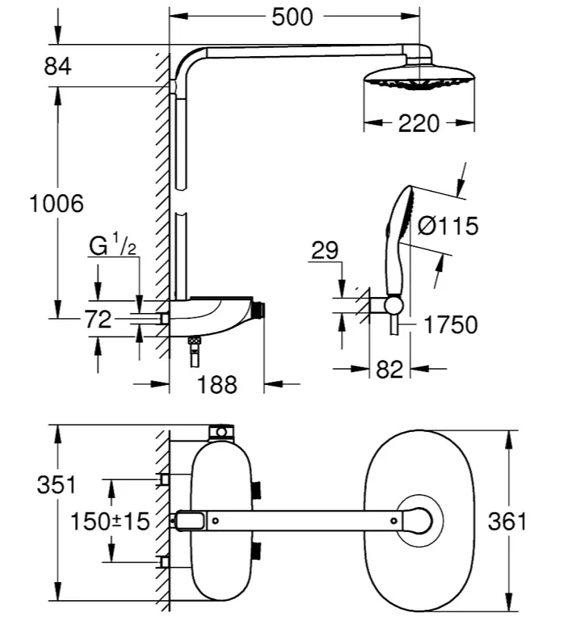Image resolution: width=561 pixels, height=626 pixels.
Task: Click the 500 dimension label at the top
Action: coord(292,17)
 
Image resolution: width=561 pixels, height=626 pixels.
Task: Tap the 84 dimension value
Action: coord(58,66)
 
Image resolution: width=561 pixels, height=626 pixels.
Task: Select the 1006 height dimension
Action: coord(57,203)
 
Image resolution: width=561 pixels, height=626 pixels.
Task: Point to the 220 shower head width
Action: coord(418,124)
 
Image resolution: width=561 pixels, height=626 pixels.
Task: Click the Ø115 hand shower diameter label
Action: coord(447,226)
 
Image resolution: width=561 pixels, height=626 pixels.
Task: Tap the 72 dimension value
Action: coord(98,319)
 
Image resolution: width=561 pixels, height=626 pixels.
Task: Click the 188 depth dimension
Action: coord(218,384)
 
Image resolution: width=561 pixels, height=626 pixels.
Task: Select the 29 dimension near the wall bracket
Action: coord(324,251)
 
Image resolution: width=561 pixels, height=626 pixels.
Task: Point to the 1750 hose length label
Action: coord(450,324)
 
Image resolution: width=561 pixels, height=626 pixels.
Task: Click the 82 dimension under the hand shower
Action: coord(390,369)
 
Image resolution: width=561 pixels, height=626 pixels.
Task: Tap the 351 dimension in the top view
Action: coord(56,485)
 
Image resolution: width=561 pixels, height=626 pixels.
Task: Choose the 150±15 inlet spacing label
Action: coord(110,521)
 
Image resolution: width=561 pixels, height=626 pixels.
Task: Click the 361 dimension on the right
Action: coord(507,521)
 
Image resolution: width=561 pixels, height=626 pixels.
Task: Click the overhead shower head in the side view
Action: coord(419,72)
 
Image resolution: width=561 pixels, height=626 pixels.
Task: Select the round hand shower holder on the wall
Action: coord(393,305)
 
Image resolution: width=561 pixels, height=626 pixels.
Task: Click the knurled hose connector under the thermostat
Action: coord(194,341)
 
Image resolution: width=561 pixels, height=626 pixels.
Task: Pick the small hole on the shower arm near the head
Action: coord(393,521)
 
